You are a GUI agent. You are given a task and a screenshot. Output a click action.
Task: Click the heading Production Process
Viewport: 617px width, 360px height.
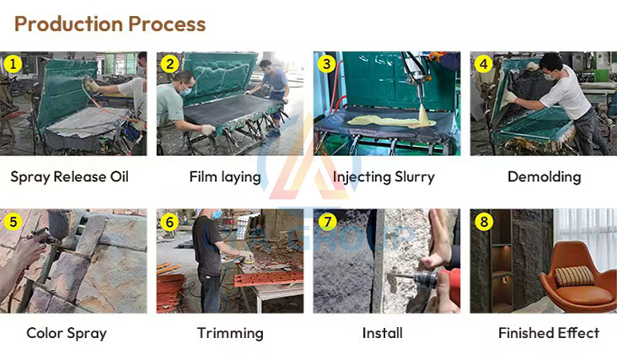(110, 24)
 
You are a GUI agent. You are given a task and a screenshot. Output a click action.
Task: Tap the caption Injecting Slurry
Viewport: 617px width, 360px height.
(384, 177)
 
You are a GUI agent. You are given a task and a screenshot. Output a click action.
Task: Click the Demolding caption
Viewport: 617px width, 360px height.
(544, 177)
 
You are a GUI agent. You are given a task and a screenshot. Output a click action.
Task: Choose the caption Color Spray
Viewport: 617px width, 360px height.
(67, 333)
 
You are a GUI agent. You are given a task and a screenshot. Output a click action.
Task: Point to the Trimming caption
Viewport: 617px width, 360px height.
(229, 333)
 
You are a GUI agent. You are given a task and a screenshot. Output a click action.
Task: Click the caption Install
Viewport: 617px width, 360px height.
(382, 333)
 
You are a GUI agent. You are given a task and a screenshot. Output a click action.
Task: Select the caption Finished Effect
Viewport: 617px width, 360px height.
(548, 333)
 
